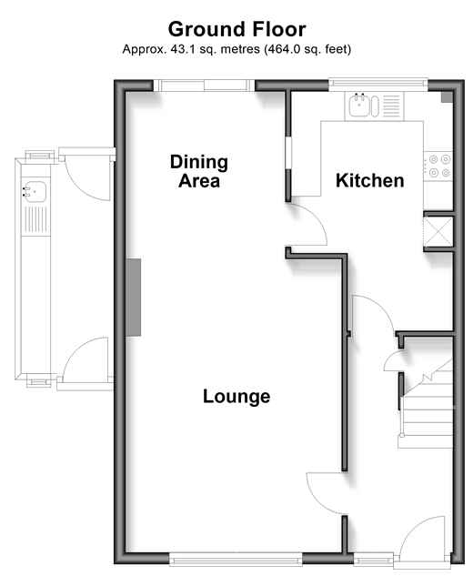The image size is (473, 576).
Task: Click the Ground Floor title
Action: coord(236,29)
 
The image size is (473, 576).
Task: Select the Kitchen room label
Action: coord(370,180)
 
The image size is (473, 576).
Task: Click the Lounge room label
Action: coord(236,397)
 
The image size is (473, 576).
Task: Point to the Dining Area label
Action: coord(199,171)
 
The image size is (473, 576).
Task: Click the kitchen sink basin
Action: coord(358,106)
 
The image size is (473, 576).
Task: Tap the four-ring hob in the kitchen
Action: coord(439,166)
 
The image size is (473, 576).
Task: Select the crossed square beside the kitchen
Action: coord(438,232)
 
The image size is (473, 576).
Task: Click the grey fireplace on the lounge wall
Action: coord(134,298)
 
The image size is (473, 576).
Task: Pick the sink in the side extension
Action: coord(35,192)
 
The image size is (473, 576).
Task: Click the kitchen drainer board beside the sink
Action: coord(391,106)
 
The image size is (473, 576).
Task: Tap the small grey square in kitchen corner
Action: coord(447,97)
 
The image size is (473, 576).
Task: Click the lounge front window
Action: coord(236,559)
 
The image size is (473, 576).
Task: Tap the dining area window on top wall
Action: coord(204,86)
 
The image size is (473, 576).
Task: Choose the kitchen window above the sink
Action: coord(377,84)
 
